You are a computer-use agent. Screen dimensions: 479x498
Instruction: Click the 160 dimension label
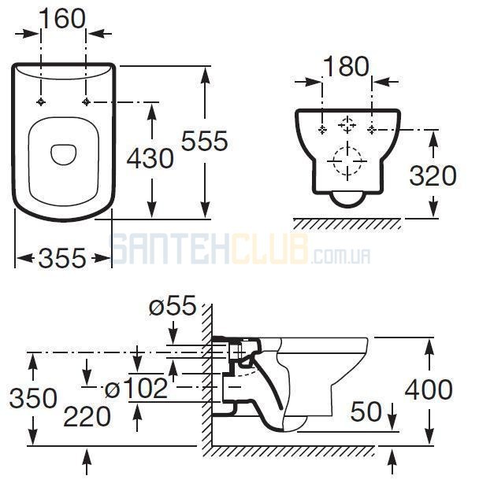[63, 19]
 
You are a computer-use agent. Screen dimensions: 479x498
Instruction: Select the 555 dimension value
[205, 141]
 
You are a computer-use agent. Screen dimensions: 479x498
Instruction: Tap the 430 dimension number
[150, 158]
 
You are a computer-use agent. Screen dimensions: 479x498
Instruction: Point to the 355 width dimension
[62, 257]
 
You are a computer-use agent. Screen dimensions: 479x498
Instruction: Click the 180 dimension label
[347, 66]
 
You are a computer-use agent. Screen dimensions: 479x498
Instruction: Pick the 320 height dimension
[433, 175]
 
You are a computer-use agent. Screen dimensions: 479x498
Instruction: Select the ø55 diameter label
[173, 305]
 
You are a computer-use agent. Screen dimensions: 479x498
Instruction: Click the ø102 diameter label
[136, 388]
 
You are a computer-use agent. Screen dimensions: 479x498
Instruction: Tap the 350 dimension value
[33, 398]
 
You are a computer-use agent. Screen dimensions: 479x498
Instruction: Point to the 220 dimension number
[87, 417]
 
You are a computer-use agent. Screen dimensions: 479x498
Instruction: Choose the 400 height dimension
[429, 389]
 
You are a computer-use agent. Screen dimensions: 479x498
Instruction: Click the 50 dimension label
[366, 411]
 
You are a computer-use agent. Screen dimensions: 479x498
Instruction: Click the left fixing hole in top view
[41, 102]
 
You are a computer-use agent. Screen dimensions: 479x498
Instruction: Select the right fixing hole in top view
[86, 102]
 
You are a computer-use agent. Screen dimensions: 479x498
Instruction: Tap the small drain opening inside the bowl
[63, 155]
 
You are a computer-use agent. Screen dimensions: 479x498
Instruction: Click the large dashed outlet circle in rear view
[347, 161]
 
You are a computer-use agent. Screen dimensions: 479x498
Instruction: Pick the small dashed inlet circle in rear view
[347, 124]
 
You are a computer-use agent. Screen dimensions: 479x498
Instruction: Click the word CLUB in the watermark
[269, 249]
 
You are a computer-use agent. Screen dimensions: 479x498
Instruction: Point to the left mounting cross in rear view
[322, 130]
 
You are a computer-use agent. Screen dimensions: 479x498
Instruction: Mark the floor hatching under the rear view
[347, 224]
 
